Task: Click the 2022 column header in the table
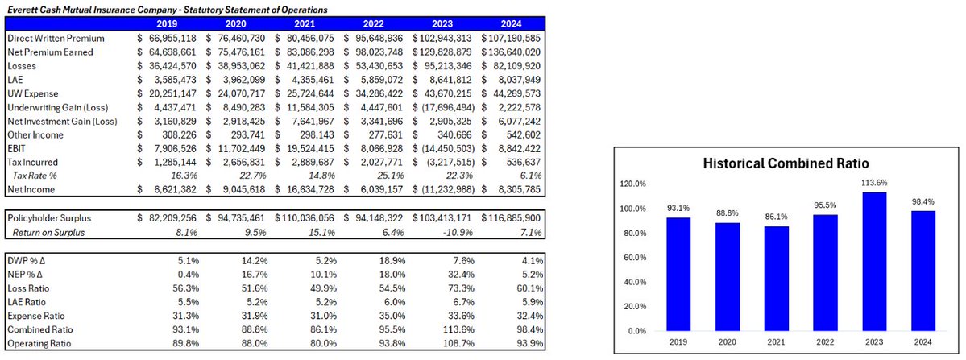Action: (377, 23)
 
